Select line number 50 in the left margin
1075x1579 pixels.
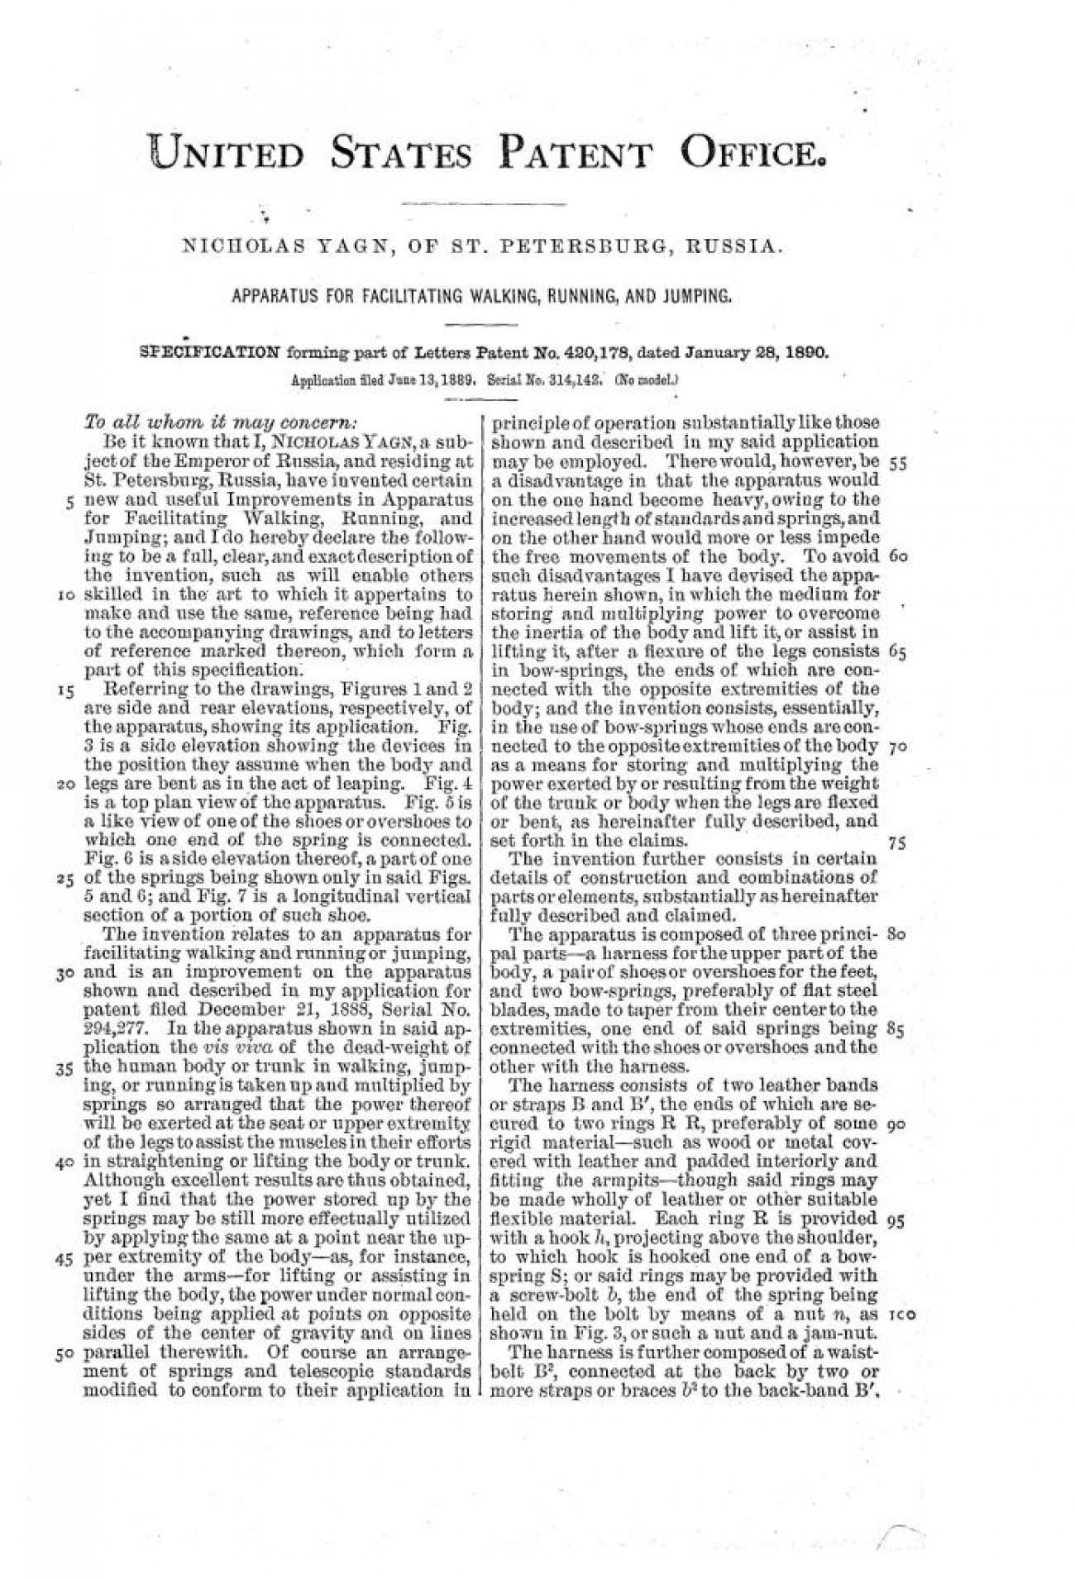[x=67, y=1355]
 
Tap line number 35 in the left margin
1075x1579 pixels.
[x=67, y=1066]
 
